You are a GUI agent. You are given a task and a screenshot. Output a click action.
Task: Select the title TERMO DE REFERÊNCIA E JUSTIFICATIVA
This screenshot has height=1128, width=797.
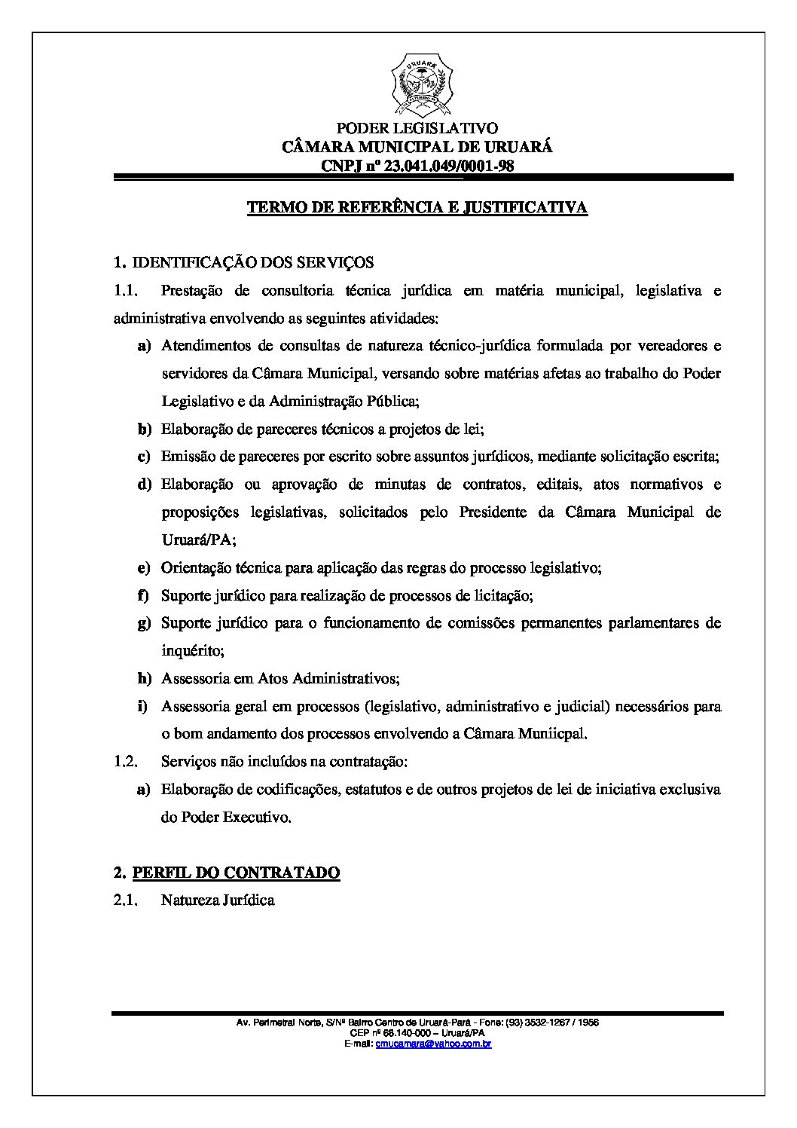417,207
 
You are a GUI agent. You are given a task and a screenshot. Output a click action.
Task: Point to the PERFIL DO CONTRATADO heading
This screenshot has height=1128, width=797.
236,873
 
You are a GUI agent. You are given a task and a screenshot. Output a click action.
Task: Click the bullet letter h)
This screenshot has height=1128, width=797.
144,678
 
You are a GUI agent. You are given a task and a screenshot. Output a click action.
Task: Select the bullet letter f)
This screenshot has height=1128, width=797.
144,595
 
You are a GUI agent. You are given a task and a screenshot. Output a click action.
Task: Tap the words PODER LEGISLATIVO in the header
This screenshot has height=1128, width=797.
417,129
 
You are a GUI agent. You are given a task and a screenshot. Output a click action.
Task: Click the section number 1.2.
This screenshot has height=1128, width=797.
124,761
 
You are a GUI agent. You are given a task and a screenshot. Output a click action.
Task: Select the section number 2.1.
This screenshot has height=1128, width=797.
124,900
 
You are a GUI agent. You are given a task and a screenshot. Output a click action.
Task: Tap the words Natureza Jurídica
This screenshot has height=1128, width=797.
218,900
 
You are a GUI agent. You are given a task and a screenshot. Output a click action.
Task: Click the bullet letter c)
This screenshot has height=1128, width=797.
144,457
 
